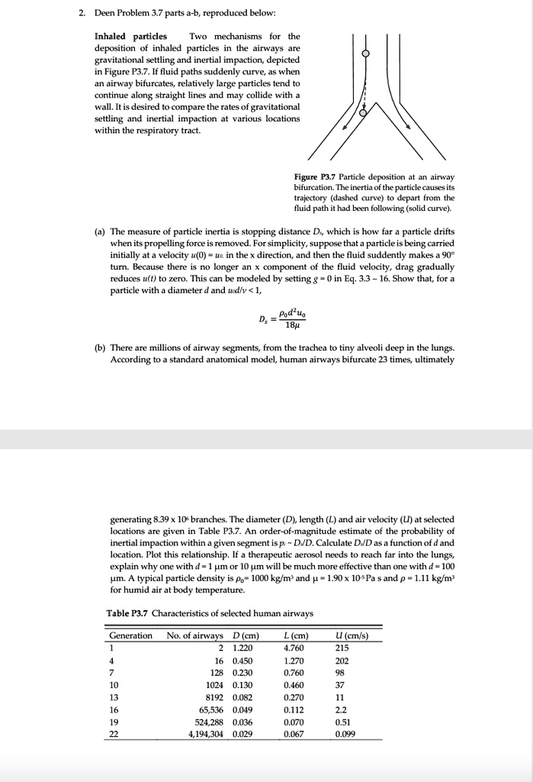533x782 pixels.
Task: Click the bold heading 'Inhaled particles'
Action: point(130,36)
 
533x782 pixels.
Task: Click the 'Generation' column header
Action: point(130,635)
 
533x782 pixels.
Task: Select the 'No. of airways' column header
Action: point(194,635)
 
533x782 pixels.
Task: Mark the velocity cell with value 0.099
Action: point(345,734)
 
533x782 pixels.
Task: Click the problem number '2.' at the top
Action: point(84,13)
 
